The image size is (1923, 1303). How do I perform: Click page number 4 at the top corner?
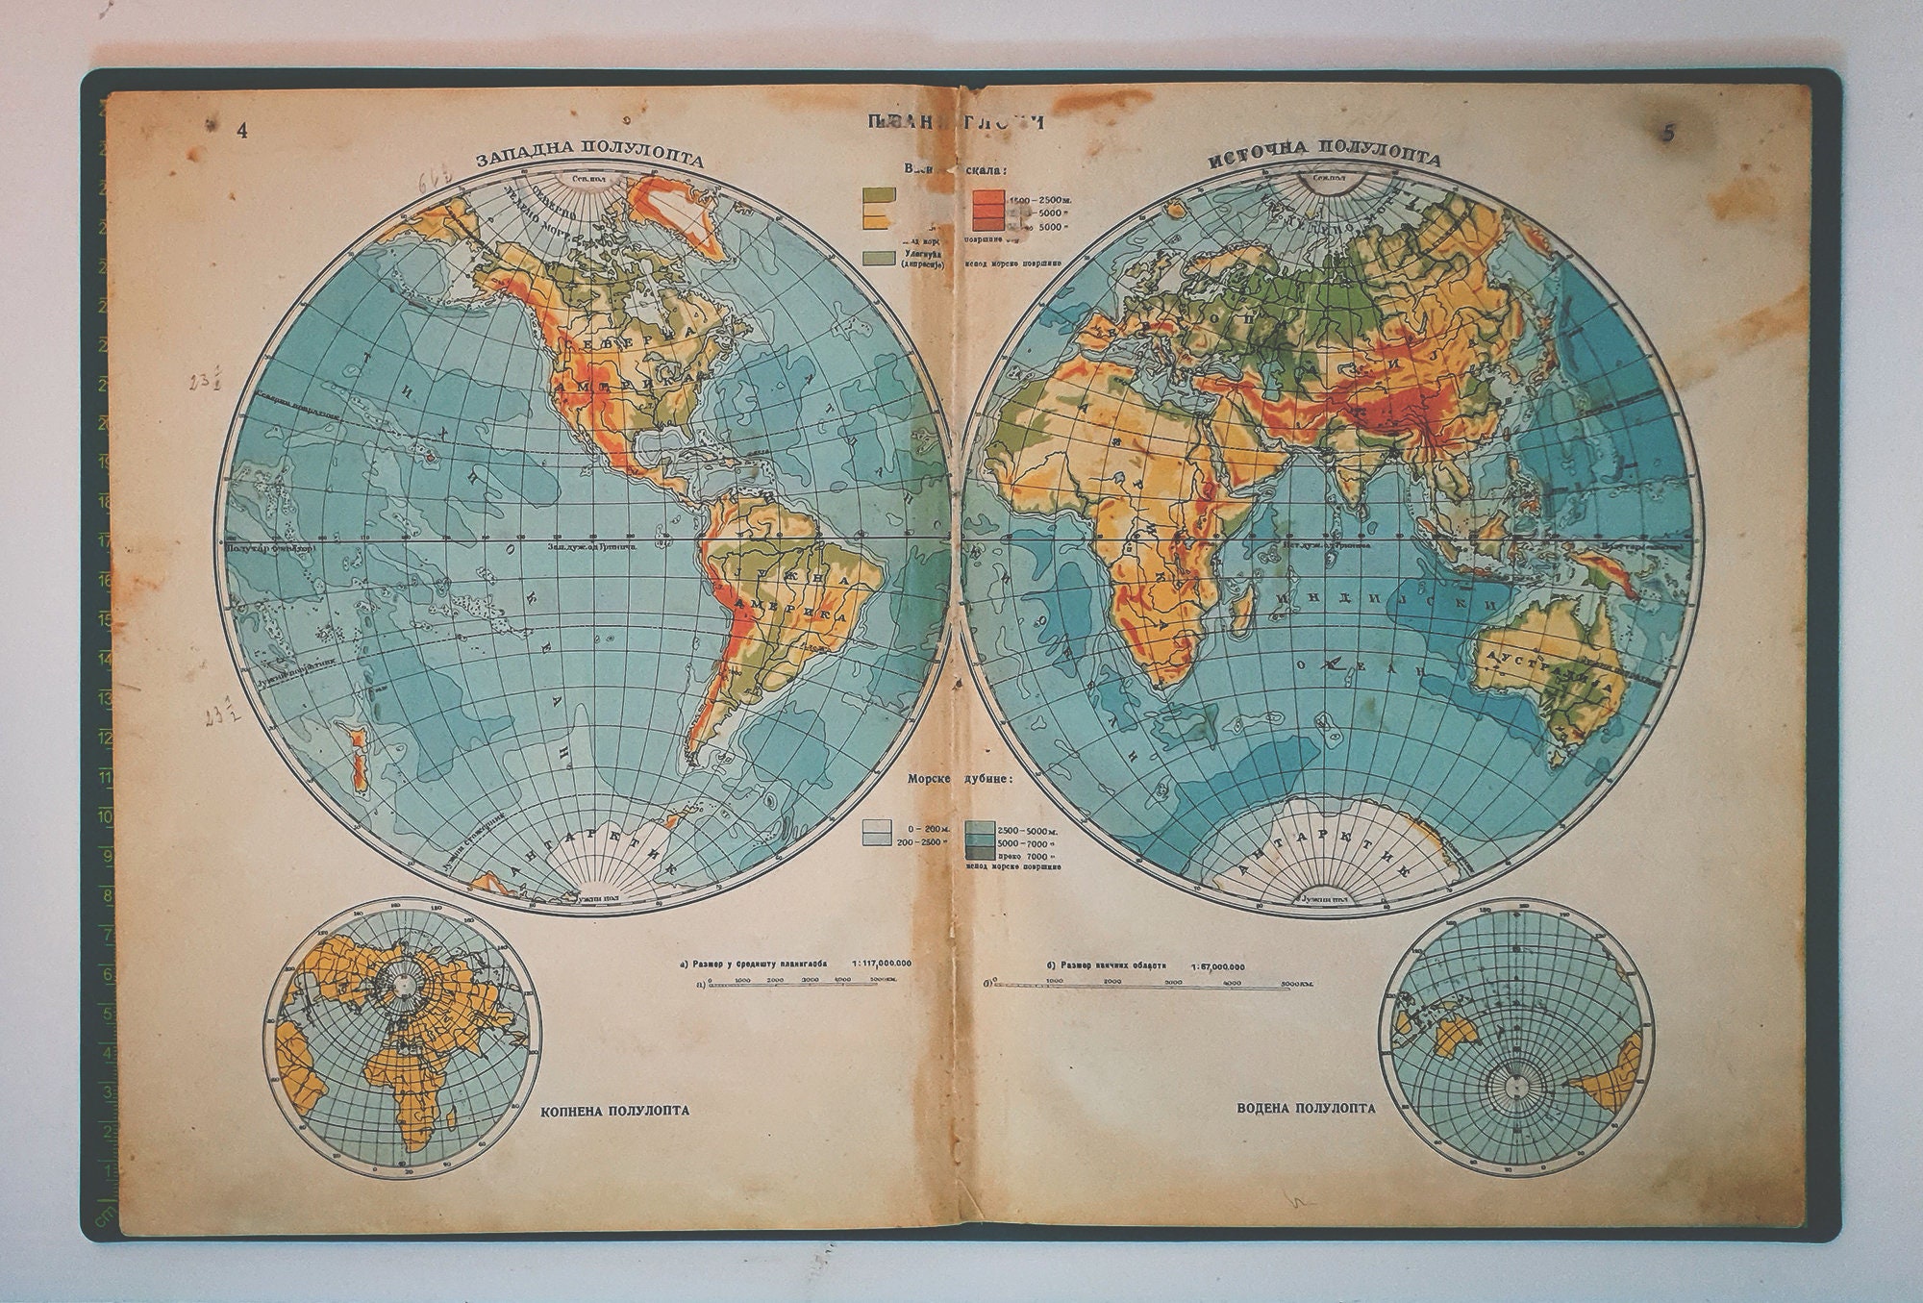point(242,132)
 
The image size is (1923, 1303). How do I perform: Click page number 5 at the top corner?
point(1668,134)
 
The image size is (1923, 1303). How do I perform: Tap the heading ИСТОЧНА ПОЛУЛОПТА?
point(1324,155)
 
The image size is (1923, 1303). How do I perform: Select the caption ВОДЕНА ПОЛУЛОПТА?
point(1306,1108)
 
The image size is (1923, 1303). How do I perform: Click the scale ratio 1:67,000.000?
point(1214,966)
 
